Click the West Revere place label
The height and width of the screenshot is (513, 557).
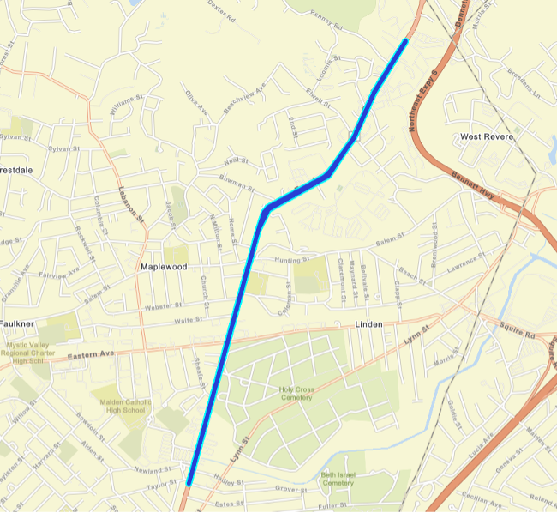tap(486, 136)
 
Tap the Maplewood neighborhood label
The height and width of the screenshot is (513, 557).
tap(163, 267)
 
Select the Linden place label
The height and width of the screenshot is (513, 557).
tap(369, 324)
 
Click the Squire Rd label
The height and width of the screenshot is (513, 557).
tap(518, 326)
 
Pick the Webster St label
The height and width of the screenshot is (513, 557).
tap(165, 305)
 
